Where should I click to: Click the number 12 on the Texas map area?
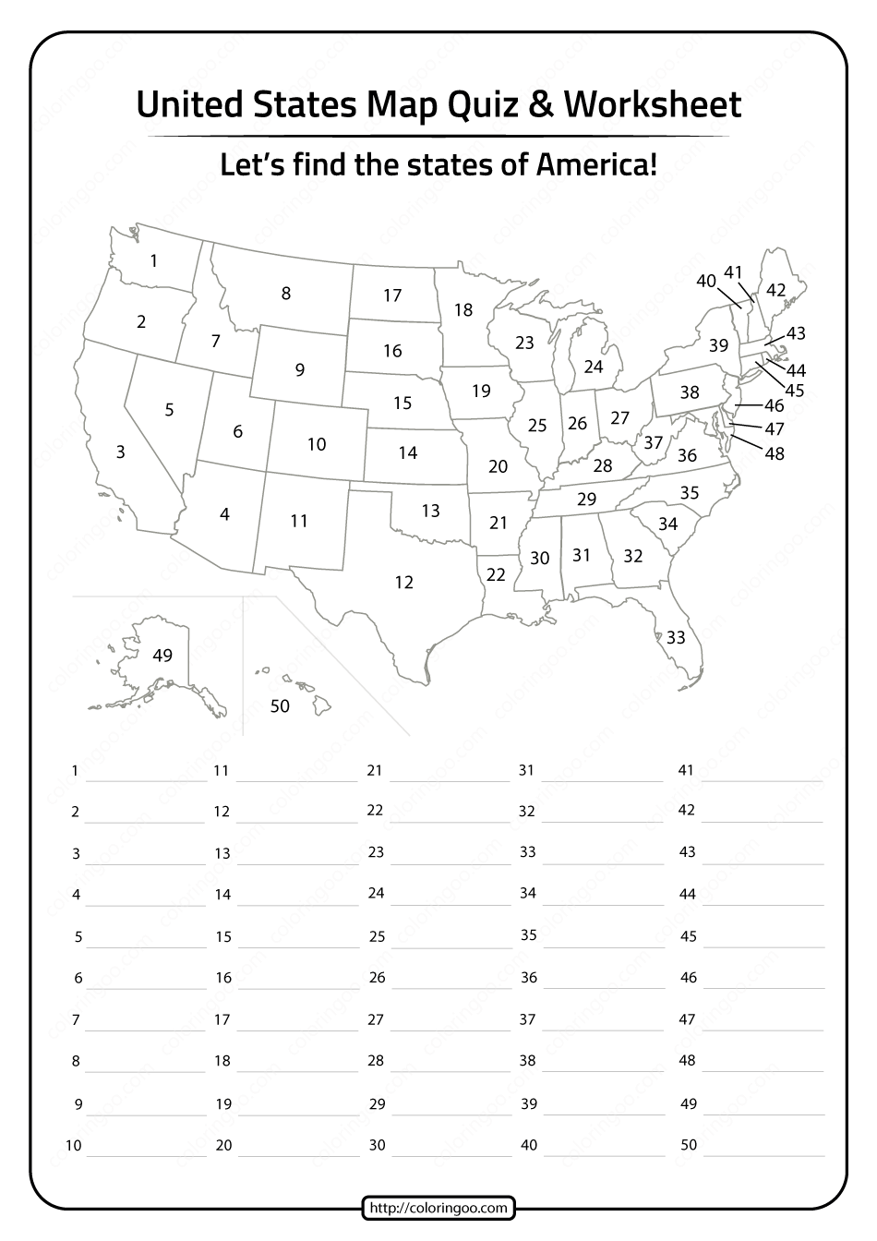pyautogui.click(x=403, y=583)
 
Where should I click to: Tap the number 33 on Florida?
pyautogui.click(x=676, y=637)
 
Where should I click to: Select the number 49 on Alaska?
pyautogui.click(x=162, y=656)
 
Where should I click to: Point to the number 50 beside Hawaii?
pyautogui.click(x=279, y=706)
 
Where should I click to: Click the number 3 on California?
pyautogui.click(x=121, y=452)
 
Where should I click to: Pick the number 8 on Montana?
pyautogui.click(x=286, y=294)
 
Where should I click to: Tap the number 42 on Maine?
pyautogui.click(x=776, y=291)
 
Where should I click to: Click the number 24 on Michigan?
pyautogui.click(x=594, y=367)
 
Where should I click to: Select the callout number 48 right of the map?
pyautogui.click(x=775, y=453)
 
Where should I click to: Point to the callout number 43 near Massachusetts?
pyautogui.click(x=796, y=333)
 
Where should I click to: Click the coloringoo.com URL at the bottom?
pyautogui.click(x=438, y=1207)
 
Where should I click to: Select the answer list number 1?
pyautogui.click(x=75, y=770)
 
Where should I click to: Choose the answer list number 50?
pyautogui.click(x=688, y=1145)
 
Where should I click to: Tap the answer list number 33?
pyautogui.click(x=527, y=851)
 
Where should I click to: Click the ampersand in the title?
pyautogui.click(x=544, y=105)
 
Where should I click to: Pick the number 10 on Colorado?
pyautogui.click(x=317, y=444)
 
